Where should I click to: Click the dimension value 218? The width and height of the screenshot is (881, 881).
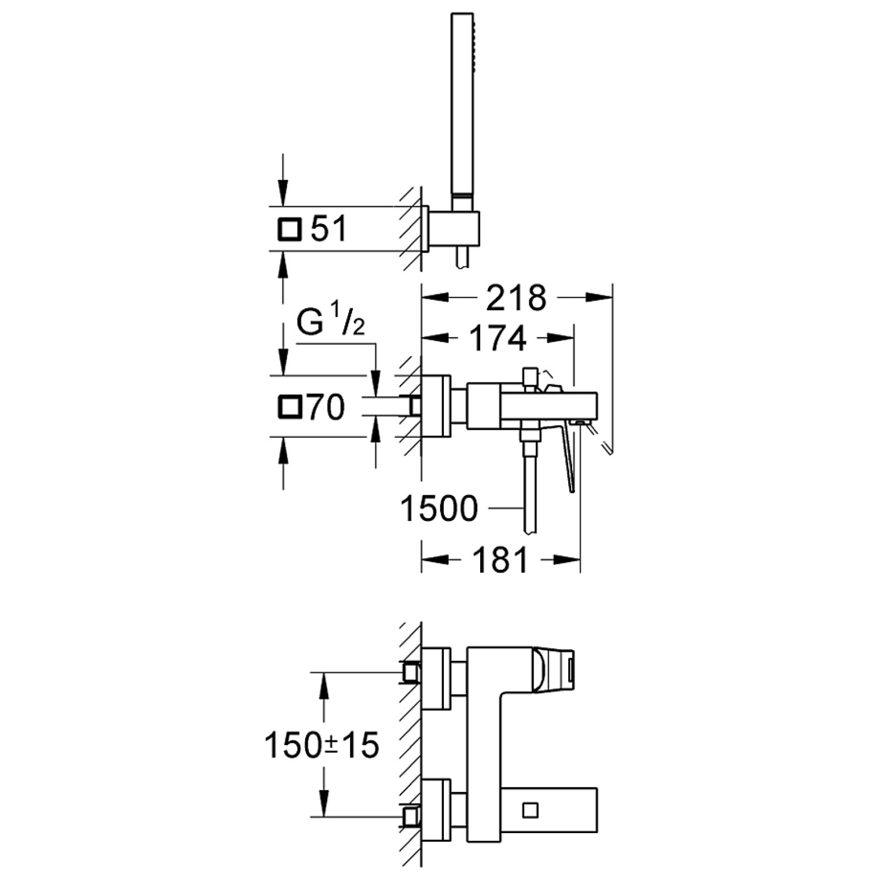[x=516, y=298]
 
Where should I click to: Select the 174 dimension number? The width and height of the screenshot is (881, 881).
[x=498, y=339]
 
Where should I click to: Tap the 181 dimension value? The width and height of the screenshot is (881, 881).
[x=500, y=561]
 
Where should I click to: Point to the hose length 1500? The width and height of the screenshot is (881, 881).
[x=439, y=508]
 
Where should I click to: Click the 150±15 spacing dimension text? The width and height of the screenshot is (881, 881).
[x=322, y=746]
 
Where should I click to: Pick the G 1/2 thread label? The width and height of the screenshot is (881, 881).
[x=330, y=322]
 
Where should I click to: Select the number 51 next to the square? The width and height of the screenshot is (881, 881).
[x=329, y=229]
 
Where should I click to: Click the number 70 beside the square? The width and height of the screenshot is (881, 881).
[x=326, y=407]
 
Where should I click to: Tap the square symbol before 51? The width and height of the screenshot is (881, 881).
[x=290, y=229]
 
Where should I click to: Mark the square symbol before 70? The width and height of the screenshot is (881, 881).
[x=290, y=407]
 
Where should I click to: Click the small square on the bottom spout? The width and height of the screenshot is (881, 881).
[x=530, y=811]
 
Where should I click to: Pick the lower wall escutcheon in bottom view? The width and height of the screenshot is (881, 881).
[x=436, y=809]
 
